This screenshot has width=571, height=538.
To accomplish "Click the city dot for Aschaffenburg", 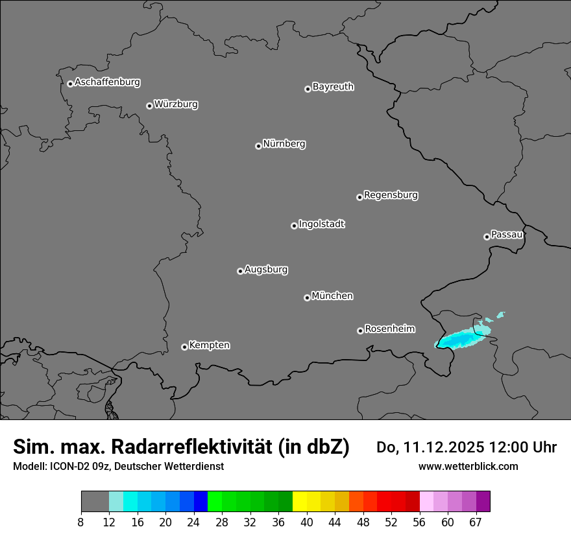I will [x=70, y=84].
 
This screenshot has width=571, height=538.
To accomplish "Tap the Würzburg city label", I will [x=176, y=104].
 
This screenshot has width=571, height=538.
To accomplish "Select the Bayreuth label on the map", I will [x=333, y=87].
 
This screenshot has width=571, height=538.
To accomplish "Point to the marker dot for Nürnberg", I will [x=258, y=146].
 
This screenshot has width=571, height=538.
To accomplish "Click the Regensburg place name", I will [x=391, y=195].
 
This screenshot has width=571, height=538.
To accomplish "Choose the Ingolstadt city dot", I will [x=294, y=226].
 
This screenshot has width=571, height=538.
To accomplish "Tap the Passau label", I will [x=507, y=235].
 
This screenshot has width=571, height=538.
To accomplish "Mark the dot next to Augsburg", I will [x=240, y=271].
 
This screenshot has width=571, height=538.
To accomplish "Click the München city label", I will [x=332, y=296].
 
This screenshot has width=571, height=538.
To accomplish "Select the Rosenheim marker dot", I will [x=360, y=331].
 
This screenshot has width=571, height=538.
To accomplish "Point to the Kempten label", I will [x=209, y=345].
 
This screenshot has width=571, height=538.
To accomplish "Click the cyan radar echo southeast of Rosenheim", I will [x=462, y=338].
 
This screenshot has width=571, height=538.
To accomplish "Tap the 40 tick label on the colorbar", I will [x=306, y=522].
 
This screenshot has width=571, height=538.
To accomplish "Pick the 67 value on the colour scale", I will [x=476, y=522].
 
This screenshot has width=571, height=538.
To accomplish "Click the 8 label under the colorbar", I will [x=81, y=522].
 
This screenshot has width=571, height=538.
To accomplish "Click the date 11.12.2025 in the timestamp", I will [x=443, y=447].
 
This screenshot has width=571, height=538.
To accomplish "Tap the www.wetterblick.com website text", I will [x=468, y=467].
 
